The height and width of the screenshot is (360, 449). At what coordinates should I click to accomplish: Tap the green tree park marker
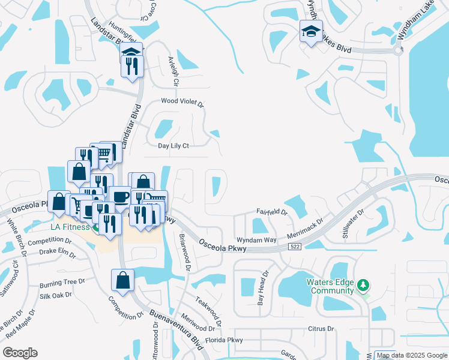[x=363, y=284]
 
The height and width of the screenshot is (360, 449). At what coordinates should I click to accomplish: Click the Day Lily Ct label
[x=173, y=146]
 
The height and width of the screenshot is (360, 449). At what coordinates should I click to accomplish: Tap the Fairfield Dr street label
[x=272, y=212]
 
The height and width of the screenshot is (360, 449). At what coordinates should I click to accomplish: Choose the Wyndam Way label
[x=256, y=239]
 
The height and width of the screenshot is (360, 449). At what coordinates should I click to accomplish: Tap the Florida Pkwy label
[x=224, y=340]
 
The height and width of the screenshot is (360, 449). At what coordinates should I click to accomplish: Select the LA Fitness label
[x=71, y=227]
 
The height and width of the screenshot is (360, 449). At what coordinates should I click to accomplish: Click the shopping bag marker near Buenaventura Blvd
[x=122, y=280]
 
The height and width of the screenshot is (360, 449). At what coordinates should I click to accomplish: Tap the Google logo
[x=20, y=353]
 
